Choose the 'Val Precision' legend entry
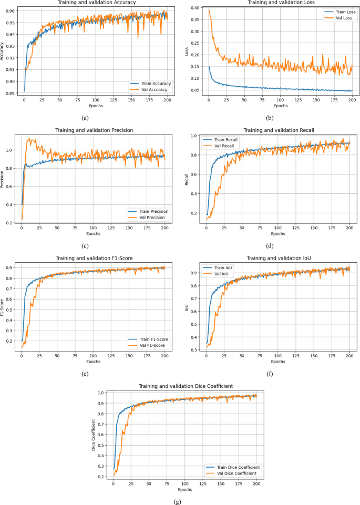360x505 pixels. [x=151, y=217]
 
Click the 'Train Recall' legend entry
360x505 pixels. [x=226, y=140]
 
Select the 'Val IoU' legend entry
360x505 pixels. [x=223, y=273]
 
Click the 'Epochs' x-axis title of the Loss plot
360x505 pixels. [x=280, y=106]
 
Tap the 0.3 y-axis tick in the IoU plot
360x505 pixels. [x=194, y=349]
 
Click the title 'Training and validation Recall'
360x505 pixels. [x=281, y=130]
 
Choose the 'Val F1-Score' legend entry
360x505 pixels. [x=151, y=345]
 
